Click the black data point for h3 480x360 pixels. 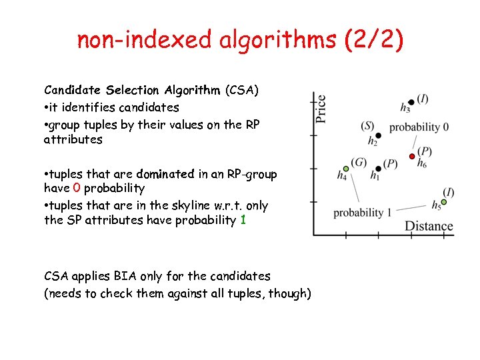click(411, 102)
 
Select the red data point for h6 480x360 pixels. click(412, 157)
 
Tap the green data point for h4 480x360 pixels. click(345, 169)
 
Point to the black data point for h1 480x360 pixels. click(378, 169)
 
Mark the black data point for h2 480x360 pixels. click(377, 135)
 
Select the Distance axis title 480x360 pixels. click(429, 226)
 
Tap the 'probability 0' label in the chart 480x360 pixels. click(419, 127)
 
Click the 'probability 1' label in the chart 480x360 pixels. click(362, 213)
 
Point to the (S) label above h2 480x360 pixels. click(367, 125)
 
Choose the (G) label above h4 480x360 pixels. click(359, 163)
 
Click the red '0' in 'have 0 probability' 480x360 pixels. click(77, 189)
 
